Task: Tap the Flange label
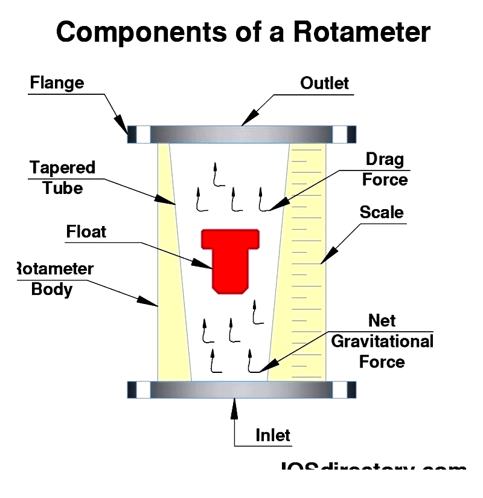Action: pyautogui.click(x=57, y=83)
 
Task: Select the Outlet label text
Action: pyautogui.click(x=324, y=83)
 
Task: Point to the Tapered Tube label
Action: pyautogui.click(x=62, y=177)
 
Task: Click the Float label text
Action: pyautogui.click(x=86, y=231)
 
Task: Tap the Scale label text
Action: pyautogui.click(x=382, y=212)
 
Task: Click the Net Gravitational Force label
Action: pyautogui.click(x=382, y=341)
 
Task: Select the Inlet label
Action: pyautogui.click(x=273, y=435)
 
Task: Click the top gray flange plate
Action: pyautogui.click(x=241, y=134)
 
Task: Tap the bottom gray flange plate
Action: pyautogui.click(x=241, y=390)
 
